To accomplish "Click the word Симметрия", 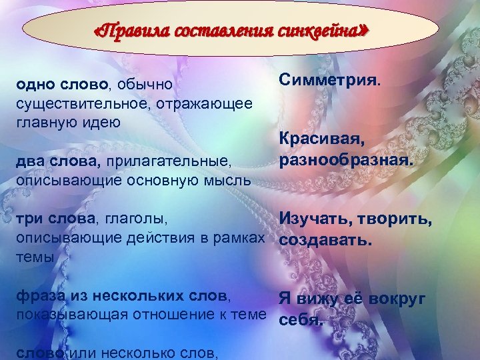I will point(330,81).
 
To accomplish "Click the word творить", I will point(395,218).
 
